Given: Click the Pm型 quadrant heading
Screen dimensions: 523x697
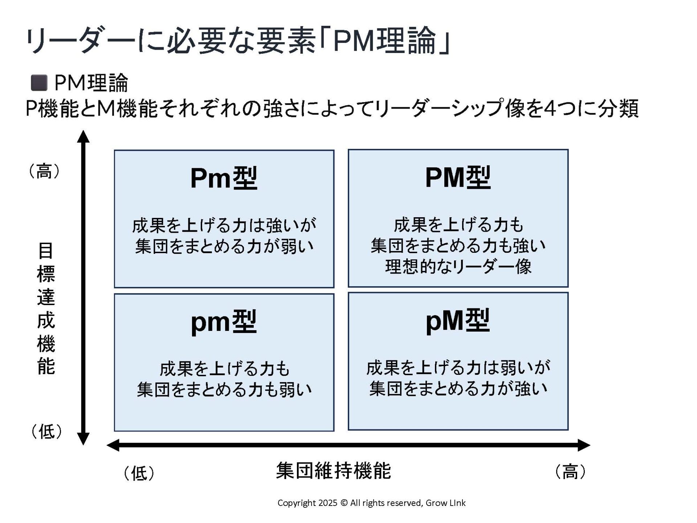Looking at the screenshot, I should point(224,178).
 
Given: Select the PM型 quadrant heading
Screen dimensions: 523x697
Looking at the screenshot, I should point(457,178).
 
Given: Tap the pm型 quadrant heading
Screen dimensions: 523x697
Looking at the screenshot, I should point(224,322).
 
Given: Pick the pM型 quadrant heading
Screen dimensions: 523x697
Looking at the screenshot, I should point(457,321).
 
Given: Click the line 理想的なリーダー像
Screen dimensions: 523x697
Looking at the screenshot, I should point(458,266).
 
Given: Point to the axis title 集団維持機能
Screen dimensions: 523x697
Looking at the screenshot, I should point(333,471).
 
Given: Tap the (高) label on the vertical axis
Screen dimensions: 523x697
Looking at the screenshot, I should point(44,171).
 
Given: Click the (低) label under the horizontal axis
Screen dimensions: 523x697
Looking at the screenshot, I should point(139,473).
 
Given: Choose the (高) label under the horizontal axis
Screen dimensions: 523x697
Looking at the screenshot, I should point(570,471).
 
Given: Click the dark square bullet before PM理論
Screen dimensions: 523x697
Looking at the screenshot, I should point(39,83).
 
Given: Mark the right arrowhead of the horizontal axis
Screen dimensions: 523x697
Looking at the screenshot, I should point(583,445).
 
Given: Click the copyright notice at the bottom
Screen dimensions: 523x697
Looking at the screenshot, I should point(371,503).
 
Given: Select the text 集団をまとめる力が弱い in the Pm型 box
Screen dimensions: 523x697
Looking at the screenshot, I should point(224,247).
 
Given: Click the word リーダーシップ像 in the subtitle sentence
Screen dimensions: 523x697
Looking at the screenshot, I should point(451,109).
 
